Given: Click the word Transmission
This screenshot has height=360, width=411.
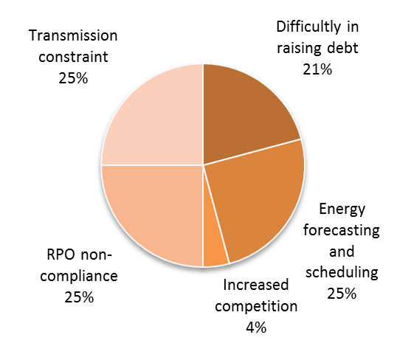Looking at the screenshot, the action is [x=73, y=35].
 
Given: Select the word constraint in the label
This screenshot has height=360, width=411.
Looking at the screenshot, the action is [x=73, y=57].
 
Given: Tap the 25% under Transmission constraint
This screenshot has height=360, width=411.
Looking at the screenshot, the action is [x=73, y=78].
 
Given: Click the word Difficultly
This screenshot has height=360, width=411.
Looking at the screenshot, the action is [x=308, y=27].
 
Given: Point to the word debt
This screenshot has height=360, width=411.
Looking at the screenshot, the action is [x=342, y=48].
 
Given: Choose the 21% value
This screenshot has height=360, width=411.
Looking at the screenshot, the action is [x=317, y=69].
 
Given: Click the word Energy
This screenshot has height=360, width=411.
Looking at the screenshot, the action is [x=342, y=210].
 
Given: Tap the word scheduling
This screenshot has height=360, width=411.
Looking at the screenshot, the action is [x=342, y=273].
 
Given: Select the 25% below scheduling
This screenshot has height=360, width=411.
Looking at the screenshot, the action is [x=342, y=294].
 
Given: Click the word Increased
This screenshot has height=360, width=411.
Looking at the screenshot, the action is [x=256, y=285].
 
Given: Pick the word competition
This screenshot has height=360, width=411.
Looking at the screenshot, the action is [x=256, y=307].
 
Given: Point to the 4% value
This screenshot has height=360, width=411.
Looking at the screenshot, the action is [x=256, y=328].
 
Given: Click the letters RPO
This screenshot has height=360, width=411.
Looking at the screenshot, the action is [x=61, y=255].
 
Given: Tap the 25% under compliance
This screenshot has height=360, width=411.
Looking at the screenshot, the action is [x=79, y=297].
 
